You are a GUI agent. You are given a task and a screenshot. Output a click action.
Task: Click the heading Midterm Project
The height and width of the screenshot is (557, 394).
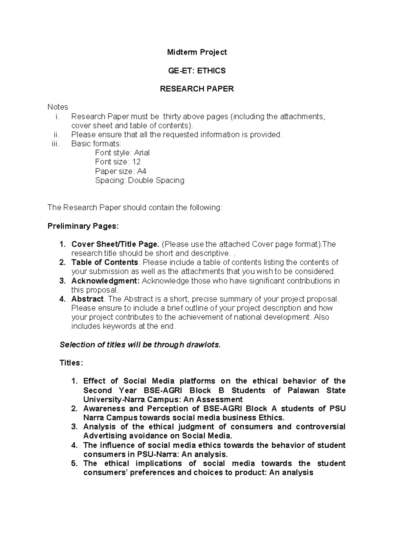tap(197, 52)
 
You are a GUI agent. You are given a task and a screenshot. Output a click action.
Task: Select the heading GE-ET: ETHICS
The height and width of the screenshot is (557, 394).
tap(197, 71)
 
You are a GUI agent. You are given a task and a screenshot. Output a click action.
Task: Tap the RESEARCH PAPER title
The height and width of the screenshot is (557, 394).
tap(197, 89)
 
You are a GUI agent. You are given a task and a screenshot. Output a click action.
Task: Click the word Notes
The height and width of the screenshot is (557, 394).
tap(58, 107)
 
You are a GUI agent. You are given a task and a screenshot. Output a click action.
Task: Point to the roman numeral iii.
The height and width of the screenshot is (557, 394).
tap(56, 144)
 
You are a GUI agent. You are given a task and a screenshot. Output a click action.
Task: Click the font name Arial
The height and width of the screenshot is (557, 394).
tap(142, 153)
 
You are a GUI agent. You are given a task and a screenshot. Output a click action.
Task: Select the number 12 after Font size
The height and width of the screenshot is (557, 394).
tap(136, 162)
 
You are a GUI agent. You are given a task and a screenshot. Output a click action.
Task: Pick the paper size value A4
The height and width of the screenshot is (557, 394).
tap(142, 171)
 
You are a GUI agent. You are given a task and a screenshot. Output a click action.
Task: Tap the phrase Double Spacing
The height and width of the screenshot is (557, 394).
tap(156, 180)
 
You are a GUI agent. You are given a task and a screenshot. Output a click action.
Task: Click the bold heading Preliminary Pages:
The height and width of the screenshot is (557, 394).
tap(83, 226)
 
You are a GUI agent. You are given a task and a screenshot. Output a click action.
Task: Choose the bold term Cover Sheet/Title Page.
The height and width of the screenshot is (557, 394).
tap(115, 244)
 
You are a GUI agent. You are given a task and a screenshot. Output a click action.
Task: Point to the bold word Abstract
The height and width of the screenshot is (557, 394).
tap(87, 299)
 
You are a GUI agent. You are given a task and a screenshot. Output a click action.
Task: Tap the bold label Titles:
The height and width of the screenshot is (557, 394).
tap(71, 363)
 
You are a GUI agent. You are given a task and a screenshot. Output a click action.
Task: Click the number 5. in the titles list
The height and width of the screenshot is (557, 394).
tap(74, 463)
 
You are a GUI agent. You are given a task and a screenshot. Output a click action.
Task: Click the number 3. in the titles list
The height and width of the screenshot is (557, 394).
tap(74, 427)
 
